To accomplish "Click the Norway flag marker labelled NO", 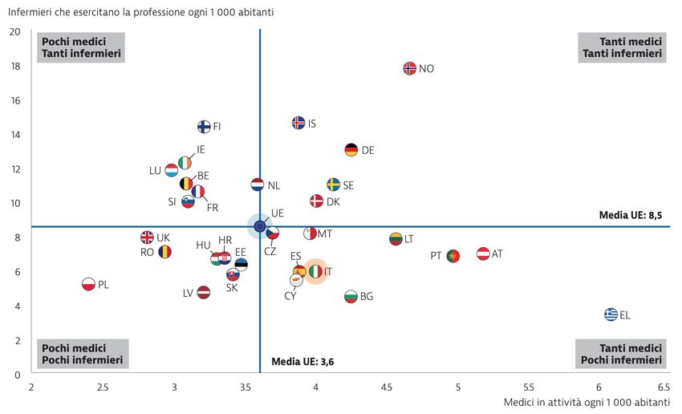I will click(409, 68).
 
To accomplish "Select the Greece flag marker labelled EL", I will click(611, 314).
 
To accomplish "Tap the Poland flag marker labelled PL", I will click(89, 283).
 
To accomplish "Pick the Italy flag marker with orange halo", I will click(315, 271).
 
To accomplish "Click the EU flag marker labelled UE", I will click(260, 226).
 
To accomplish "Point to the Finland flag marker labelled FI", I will click(204, 126).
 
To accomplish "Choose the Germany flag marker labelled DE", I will click(351, 150).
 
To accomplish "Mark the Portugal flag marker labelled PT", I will click(453, 256).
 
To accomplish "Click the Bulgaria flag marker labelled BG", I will click(351, 296).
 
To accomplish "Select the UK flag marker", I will click(147, 237).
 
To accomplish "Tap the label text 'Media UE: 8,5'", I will click(631, 215).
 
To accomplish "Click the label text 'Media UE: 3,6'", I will click(302, 362).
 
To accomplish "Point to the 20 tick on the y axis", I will click(15, 31).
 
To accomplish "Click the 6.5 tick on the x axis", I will click(664, 388).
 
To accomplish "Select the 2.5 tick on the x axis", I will click(103, 388).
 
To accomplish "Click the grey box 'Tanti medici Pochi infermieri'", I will click(620, 354).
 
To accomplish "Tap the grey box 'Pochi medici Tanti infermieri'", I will click(82, 47).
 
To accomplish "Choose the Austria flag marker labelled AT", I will click(483, 254).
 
